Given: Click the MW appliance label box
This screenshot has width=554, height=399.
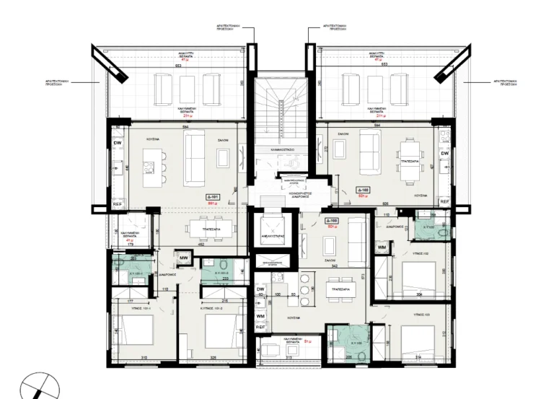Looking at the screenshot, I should (x=185, y=258).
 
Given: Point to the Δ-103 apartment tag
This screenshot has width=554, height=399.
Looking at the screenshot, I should (x=332, y=220).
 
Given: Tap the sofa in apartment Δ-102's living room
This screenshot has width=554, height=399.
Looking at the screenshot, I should (x=371, y=152).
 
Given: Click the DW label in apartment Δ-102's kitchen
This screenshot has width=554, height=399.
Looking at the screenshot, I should (x=444, y=154).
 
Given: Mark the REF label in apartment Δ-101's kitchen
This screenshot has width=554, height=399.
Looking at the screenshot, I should (x=117, y=204).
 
